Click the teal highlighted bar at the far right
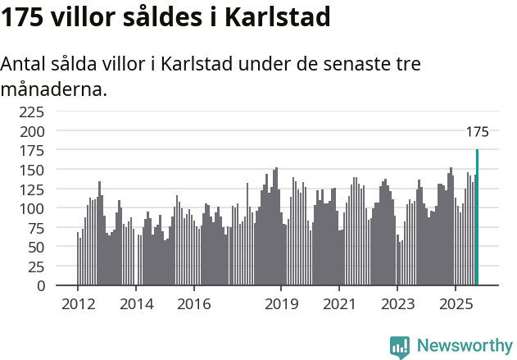point(477,217)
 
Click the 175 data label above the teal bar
point(477,132)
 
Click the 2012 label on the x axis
point(78,304)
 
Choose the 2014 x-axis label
point(136,304)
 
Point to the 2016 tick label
point(194,304)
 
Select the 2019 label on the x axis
point(281,304)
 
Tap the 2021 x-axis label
point(339,304)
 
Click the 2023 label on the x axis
point(397,304)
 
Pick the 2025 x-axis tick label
point(456,304)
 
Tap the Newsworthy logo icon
point(400,347)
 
